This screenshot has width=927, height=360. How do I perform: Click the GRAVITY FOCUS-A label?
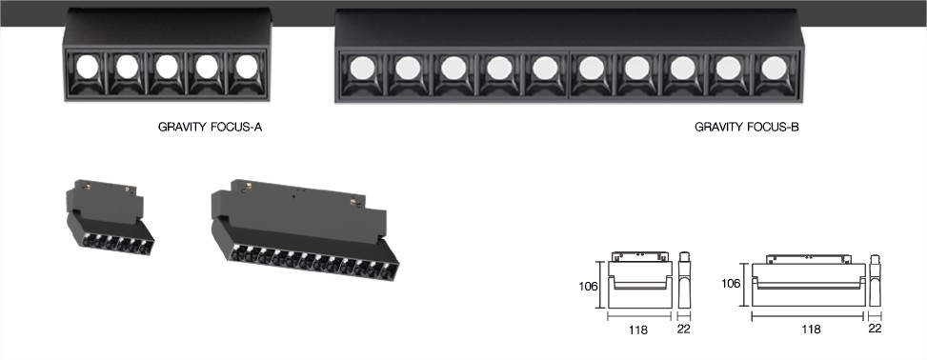(210, 127)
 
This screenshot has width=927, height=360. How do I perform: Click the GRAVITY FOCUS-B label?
(747, 127)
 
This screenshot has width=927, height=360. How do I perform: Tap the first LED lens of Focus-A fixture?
(87, 67)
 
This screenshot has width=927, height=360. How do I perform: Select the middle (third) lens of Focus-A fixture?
(167, 67)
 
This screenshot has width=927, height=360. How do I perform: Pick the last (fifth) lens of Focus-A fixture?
(247, 67)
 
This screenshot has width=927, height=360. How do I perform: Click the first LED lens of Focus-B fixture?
(362, 68)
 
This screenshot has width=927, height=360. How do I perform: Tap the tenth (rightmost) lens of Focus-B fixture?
(774, 68)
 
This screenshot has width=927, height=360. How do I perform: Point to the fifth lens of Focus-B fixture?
(545, 68)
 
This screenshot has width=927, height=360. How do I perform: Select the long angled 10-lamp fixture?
(305, 230)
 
